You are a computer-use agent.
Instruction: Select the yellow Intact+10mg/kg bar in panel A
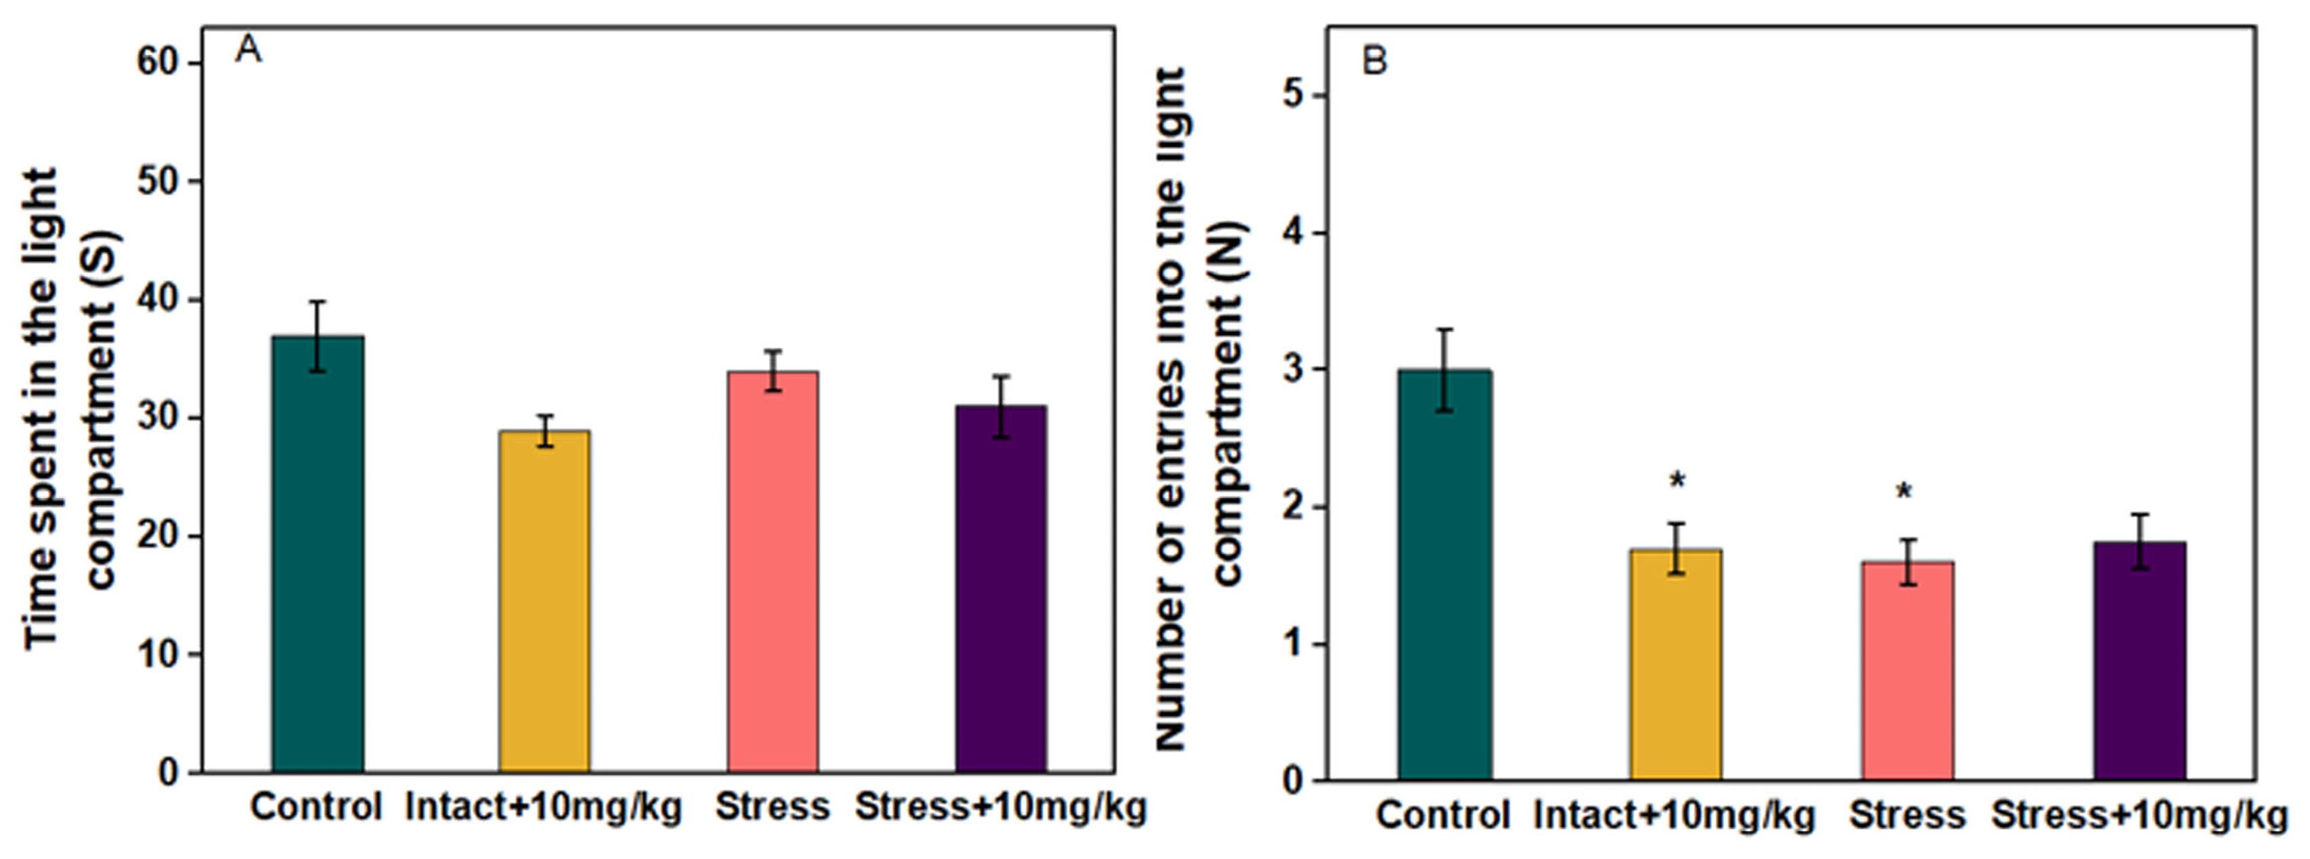[544, 601]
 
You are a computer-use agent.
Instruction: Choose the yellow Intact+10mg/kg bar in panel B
[1676, 664]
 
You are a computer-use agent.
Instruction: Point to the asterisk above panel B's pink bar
[1904, 492]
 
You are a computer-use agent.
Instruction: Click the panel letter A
[248, 50]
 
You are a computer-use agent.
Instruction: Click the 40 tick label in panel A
[158, 300]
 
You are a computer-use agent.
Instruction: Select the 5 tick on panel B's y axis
[1293, 96]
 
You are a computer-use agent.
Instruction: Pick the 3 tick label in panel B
[1293, 369]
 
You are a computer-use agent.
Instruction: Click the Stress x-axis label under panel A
[772, 806]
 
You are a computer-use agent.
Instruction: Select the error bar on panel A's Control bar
[317, 336]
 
